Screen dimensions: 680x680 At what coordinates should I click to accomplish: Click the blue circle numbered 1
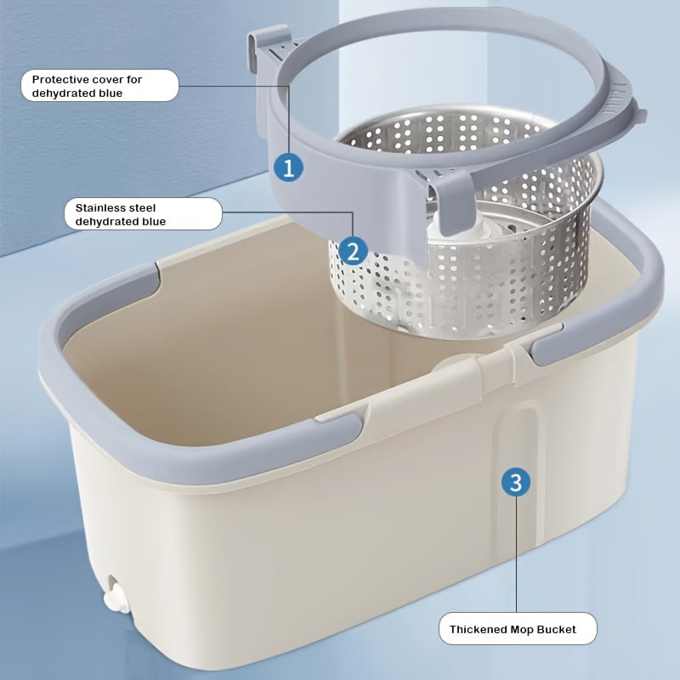(288, 167)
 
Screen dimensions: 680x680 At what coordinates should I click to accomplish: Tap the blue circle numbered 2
(353, 250)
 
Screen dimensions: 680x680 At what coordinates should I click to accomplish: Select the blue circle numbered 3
(515, 483)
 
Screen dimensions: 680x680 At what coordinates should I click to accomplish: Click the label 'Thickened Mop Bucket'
(518, 629)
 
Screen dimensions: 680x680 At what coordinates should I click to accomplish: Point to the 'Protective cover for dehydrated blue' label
(99, 86)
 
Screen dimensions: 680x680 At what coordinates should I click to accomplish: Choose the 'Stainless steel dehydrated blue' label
(142, 213)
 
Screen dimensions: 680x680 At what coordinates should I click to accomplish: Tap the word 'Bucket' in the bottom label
(558, 630)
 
